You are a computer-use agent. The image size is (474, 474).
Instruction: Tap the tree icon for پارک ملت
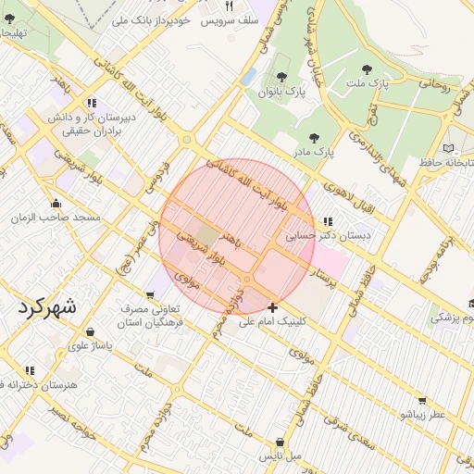click(x=368, y=69)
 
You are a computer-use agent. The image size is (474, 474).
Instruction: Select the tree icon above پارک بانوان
click(x=281, y=78)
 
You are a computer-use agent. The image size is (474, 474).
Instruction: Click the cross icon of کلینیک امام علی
click(x=272, y=307)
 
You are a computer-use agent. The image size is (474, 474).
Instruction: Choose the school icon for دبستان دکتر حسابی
click(x=328, y=222)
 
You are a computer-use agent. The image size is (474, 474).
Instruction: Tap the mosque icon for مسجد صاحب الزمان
click(x=56, y=204)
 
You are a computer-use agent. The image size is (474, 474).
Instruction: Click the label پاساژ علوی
click(x=90, y=345)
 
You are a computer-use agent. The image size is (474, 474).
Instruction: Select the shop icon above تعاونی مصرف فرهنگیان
click(x=150, y=295)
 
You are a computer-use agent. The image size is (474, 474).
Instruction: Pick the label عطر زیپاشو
click(x=422, y=415)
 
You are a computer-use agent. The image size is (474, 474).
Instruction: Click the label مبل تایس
click(x=280, y=455)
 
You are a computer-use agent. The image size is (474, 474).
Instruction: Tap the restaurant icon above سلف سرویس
click(x=229, y=6)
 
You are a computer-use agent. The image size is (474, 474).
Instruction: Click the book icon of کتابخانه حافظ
click(x=449, y=148)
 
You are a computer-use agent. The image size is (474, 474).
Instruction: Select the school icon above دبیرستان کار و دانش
click(x=91, y=103)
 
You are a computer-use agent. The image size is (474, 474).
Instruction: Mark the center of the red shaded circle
click(x=237, y=237)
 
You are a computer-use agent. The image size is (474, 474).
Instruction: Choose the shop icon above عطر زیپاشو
click(x=422, y=401)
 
